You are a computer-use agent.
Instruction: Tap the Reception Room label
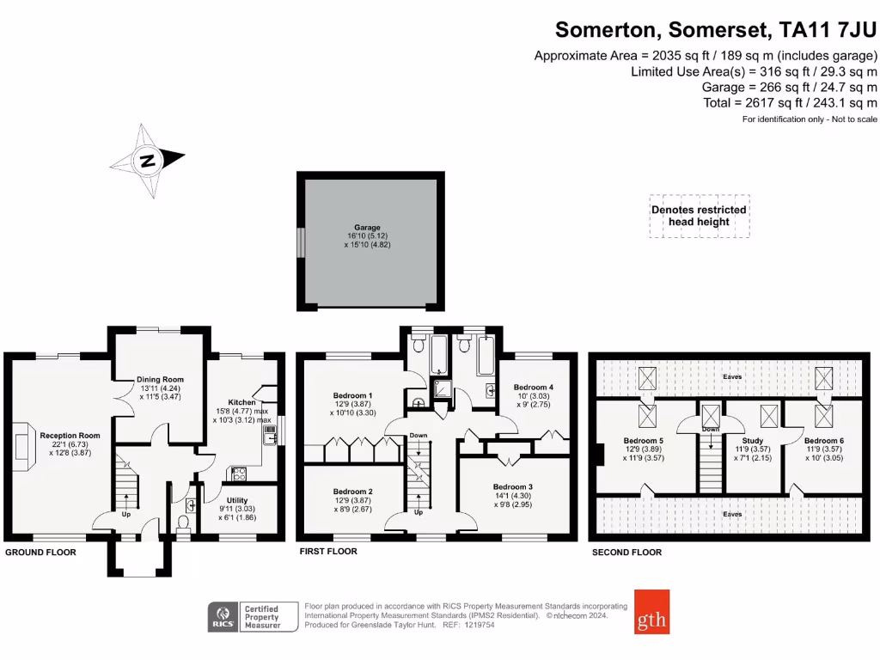pos(70,436)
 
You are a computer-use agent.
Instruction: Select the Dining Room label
pos(160,379)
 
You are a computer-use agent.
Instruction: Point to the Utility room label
pos(237,500)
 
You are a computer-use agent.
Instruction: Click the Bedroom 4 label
pos(534,387)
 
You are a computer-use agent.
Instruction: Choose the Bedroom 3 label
pos(513,486)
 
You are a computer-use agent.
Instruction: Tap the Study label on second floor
pos(752,439)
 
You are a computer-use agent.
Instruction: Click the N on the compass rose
pos(148,160)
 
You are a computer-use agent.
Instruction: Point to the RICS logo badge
pos(224,616)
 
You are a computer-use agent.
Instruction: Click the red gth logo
pos(651,611)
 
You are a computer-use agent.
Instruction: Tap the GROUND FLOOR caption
pos(40,553)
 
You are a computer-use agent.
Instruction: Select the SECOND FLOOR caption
pos(626,553)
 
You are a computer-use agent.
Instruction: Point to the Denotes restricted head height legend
pos(699,216)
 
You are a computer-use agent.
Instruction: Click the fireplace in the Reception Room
pos(22,443)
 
